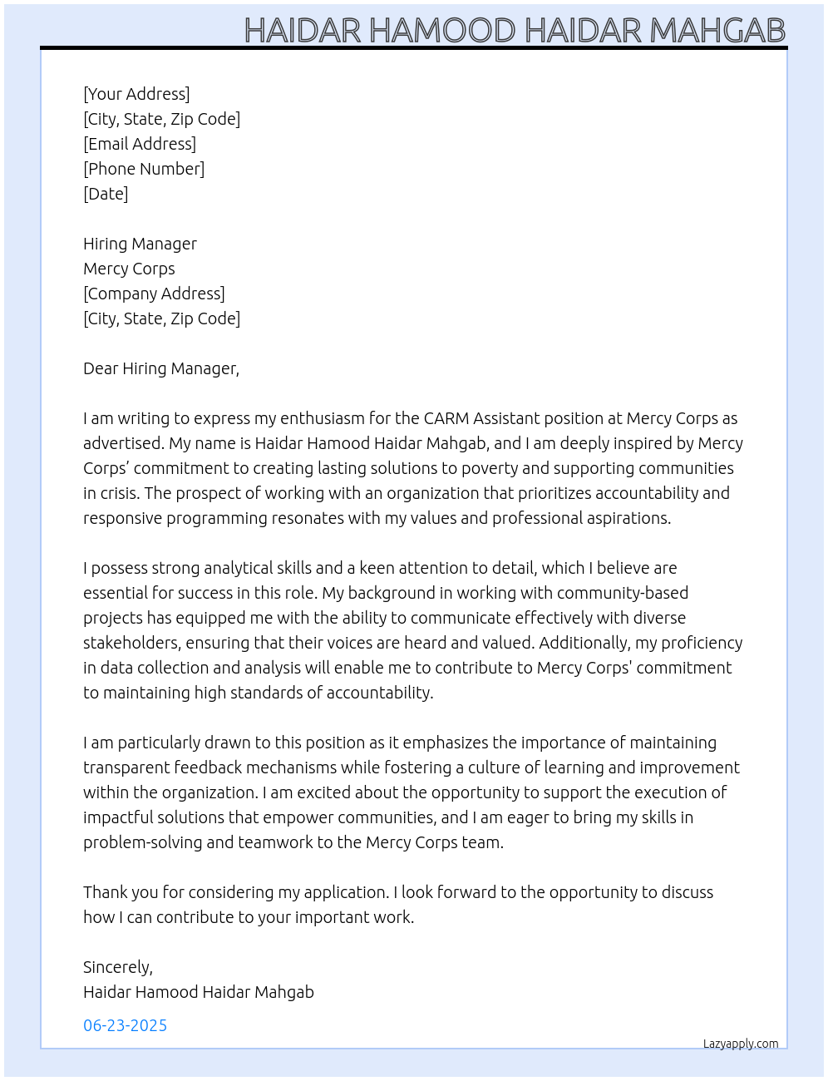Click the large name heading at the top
coord(515,30)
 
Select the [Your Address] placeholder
coord(136,94)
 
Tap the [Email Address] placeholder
coord(140,144)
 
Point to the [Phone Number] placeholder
coord(144,169)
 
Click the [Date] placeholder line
coord(106,194)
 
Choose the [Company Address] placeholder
coord(154,294)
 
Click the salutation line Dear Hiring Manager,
coord(161,368)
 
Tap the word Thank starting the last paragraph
coord(105,892)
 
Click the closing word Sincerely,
coord(118,967)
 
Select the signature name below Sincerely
coord(199,992)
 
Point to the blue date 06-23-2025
coord(126,1025)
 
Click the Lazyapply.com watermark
coord(741,1044)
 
